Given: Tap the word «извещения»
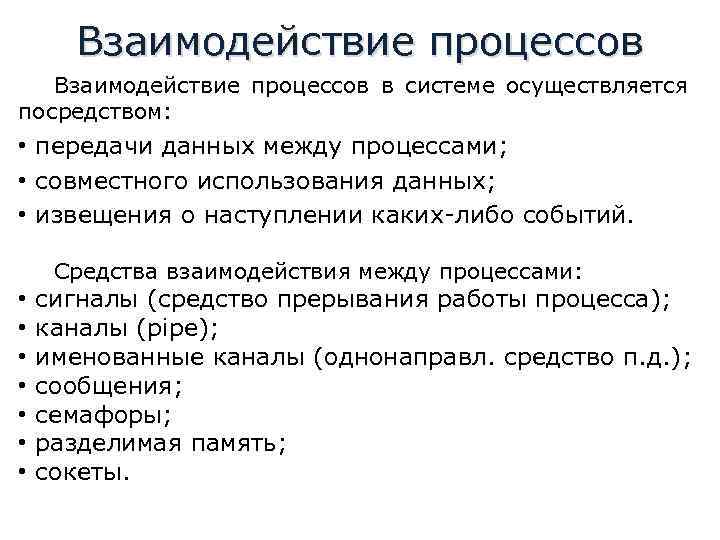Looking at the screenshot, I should click(x=90, y=215).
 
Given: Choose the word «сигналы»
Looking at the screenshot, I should click(x=86, y=298).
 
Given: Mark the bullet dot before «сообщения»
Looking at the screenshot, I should click(x=21, y=385).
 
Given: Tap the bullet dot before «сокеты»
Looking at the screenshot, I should click(x=21, y=472).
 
